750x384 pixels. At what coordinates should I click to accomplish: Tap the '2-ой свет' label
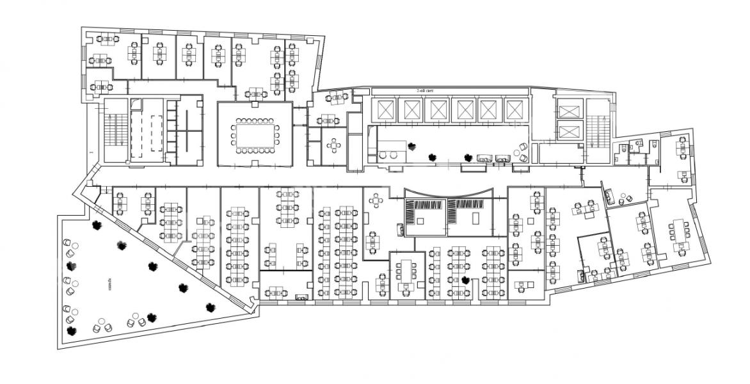tap(425, 92)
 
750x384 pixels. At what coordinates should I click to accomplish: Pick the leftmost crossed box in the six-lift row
tap(384, 110)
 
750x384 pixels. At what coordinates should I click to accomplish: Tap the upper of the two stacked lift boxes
tap(568, 111)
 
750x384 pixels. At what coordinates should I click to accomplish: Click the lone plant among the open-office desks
tap(466, 280)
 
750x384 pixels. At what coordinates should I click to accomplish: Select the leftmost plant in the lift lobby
tap(412, 145)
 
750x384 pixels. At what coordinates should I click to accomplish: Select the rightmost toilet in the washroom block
tap(654, 145)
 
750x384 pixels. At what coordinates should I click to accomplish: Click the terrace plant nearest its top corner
tap(97, 225)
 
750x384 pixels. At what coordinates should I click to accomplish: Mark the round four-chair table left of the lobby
tap(334, 145)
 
